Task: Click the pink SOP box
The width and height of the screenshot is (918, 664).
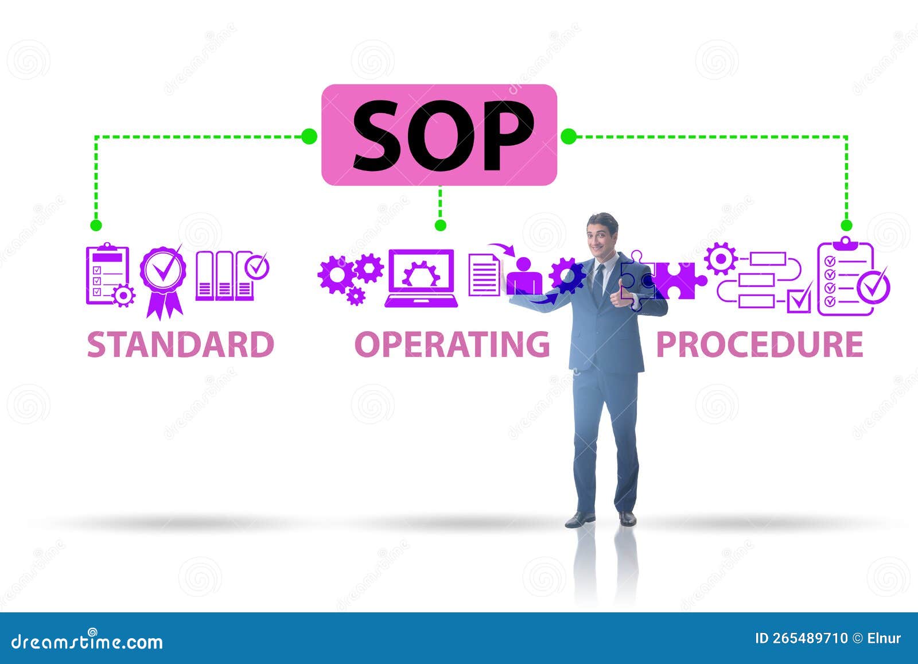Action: (x=439, y=135)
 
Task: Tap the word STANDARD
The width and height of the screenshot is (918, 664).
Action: (x=180, y=344)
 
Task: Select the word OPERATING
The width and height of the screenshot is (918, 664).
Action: (x=452, y=344)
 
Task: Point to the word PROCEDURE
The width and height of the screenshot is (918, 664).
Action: (x=759, y=344)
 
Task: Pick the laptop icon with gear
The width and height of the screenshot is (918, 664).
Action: (x=421, y=278)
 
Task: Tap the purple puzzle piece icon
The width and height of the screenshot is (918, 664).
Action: (x=680, y=280)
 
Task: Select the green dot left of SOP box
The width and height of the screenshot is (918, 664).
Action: (x=309, y=136)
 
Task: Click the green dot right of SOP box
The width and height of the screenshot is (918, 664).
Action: (x=569, y=136)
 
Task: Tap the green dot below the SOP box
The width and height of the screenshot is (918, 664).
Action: (x=440, y=225)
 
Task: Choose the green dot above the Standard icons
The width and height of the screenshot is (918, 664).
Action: (x=96, y=225)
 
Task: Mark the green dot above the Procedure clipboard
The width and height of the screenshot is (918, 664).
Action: (x=846, y=225)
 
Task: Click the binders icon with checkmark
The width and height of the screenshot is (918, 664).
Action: (x=231, y=275)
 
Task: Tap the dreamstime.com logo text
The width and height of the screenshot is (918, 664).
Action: (x=87, y=640)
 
